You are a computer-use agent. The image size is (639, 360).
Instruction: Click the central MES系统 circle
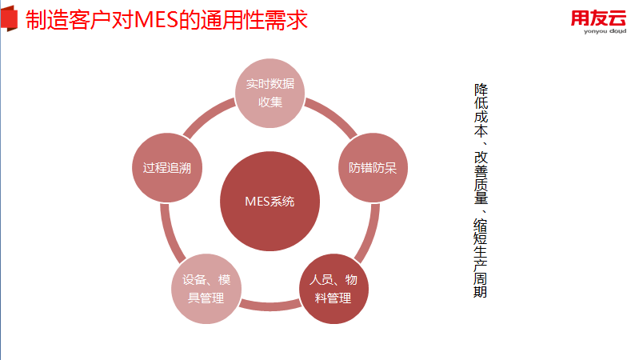(x=270, y=201)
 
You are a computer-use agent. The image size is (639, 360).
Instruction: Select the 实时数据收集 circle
(x=270, y=93)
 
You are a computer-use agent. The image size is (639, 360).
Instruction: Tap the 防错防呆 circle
(x=372, y=168)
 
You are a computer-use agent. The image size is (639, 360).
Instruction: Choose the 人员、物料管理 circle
(x=333, y=288)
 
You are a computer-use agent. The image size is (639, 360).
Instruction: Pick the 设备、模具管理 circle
(x=206, y=288)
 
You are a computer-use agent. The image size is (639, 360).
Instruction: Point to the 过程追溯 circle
(x=166, y=168)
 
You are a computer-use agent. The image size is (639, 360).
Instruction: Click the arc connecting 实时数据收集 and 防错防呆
(x=330, y=114)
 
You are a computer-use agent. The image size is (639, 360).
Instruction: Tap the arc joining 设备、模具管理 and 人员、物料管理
(x=270, y=305)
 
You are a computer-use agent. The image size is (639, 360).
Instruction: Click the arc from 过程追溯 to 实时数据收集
(x=209, y=114)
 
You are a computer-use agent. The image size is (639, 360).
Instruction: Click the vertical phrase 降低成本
(x=481, y=109)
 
